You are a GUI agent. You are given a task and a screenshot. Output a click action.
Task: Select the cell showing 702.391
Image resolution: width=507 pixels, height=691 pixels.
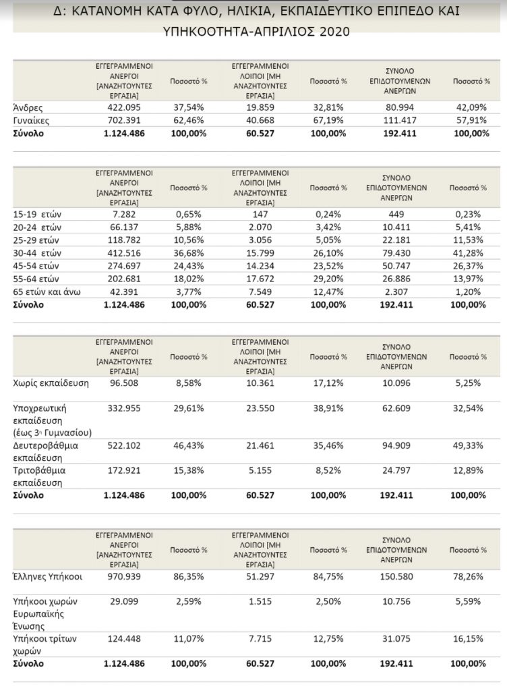click(124, 120)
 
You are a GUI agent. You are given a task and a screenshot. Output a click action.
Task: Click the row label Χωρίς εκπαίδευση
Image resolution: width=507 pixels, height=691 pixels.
click(51, 383)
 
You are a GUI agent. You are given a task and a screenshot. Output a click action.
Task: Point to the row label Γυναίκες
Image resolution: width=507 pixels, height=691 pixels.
click(32, 120)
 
